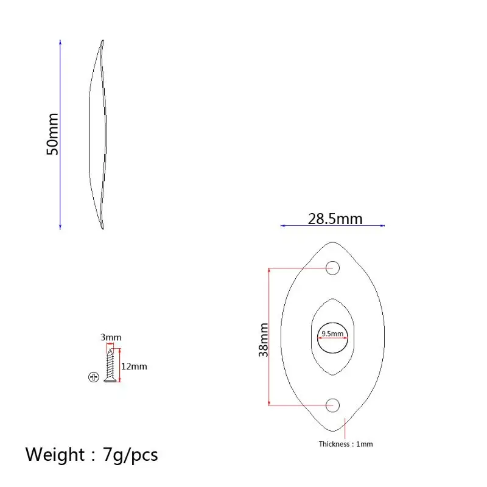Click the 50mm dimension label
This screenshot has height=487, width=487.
click(x=52, y=134)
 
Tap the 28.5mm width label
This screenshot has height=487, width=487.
click(x=335, y=219)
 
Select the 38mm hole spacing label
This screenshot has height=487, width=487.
click(x=264, y=340)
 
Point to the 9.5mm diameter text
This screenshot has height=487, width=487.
click(x=332, y=334)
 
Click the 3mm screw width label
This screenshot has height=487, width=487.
click(x=111, y=337)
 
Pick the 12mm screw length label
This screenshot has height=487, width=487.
click(x=134, y=366)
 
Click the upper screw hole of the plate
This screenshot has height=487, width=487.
click(x=332, y=268)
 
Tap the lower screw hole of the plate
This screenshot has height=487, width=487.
click(x=332, y=405)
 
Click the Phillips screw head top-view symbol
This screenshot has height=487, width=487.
click(x=94, y=377)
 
